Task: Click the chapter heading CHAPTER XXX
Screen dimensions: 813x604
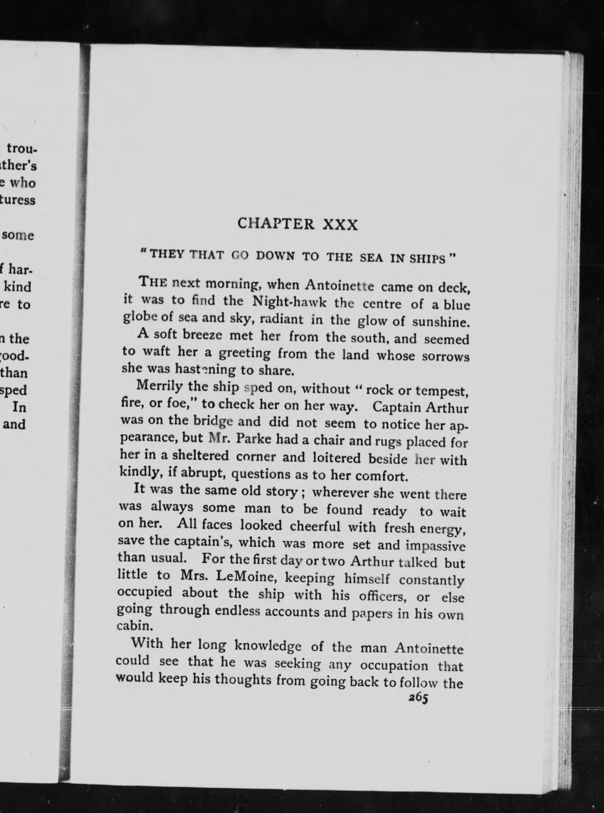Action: pyautogui.click(x=298, y=224)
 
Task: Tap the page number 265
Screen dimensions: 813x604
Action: pyautogui.click(x=418, y=699)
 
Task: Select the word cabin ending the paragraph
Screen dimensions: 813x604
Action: pyautogui.click(x=133, y=626)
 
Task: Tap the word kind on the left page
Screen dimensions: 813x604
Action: pyautogui.click(x=18, y=287)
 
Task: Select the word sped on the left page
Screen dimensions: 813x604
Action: pyautogui.click(x=15, y=390)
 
